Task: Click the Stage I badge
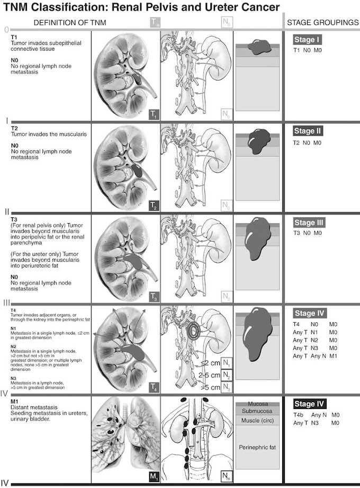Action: pos(307,40)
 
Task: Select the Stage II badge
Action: pos(308,131)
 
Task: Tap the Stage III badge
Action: pos(309,223)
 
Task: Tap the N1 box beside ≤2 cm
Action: pos(226,363)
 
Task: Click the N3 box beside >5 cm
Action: pos(226,387)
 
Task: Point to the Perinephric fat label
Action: pos(258,448)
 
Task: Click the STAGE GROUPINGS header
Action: pos(322,22)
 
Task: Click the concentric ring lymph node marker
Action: pos(195,332)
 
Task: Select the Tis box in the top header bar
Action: pos(154,22)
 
